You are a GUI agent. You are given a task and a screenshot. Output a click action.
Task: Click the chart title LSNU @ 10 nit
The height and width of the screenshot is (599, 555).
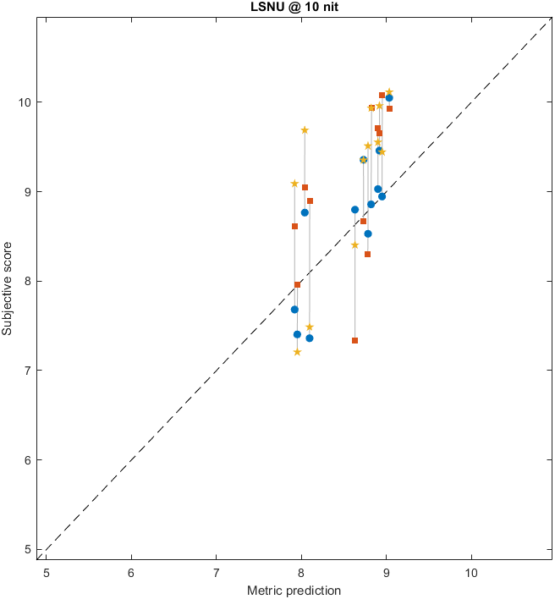tap(294, 8)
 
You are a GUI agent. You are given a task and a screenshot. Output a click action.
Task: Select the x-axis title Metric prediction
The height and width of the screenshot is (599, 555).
tap(294, 590)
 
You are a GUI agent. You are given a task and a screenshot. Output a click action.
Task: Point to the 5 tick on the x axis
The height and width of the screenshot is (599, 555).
tap(47, 571)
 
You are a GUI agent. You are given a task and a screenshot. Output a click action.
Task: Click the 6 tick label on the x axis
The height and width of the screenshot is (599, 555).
tap(131, 571)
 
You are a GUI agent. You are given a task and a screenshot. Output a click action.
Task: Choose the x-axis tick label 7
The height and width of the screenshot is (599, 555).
tap(216, 571)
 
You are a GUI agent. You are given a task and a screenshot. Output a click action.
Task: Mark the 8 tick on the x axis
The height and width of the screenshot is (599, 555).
tap(301, 571)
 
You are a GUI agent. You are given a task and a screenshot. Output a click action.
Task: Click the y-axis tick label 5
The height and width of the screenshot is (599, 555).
tap(28, 549)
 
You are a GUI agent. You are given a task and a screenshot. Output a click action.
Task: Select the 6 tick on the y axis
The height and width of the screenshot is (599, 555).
tap(28, 460)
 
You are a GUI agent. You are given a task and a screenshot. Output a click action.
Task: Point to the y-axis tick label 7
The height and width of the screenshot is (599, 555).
tap(28, 371)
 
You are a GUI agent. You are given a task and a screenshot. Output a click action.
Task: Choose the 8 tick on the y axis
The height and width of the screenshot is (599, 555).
tap(28, 281)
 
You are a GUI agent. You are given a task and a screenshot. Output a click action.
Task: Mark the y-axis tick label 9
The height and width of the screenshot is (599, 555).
tap(28, 191)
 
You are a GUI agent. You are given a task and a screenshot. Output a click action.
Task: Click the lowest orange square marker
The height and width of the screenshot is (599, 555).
tap(354, 340)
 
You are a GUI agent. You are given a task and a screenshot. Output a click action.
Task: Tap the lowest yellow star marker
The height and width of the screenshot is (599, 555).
tap(297, 352)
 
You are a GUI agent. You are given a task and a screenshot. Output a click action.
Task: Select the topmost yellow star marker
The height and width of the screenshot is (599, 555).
tap(389, 92)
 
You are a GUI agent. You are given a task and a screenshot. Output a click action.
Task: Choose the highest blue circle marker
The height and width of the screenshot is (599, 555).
tap(389, 98)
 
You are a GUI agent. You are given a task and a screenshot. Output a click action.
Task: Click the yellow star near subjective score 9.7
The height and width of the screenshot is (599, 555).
tap(305, 129)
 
